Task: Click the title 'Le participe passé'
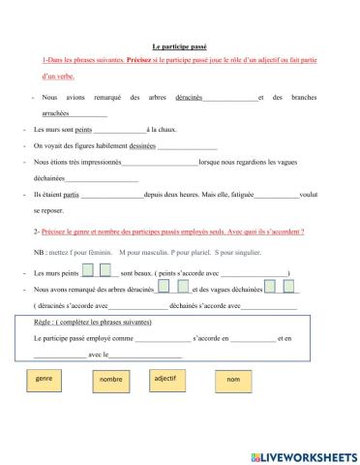[x=179, y=46]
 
